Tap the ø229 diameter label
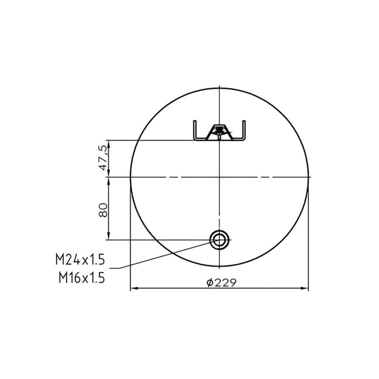pos(221,282)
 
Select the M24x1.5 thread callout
pos(80,260)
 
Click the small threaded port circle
pos(219,240)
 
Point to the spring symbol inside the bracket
pos(219,131)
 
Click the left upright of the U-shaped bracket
pos(194,130)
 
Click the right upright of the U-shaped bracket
pos(244,130)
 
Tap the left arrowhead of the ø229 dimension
pos(134,288)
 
